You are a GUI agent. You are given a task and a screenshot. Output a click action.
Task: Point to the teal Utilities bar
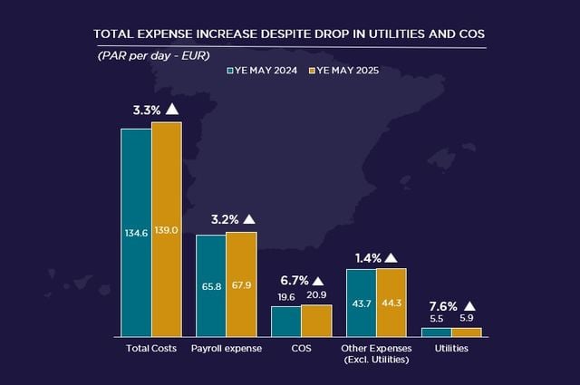coord(436,332)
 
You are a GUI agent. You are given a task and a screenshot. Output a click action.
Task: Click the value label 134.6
coord(136,233)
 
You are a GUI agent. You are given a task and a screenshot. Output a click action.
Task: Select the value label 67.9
coord(241,284)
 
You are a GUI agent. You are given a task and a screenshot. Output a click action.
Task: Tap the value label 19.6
coord(286,297)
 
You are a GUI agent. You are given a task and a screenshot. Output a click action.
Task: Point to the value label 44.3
coord(391,302)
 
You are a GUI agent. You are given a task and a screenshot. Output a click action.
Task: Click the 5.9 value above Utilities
coord(467,319)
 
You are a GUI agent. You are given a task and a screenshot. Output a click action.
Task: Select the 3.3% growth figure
coord(147,110)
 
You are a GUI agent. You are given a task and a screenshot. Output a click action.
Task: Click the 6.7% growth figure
coord(294,281)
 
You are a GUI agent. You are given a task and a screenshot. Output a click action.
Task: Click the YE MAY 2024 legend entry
coord(264,69)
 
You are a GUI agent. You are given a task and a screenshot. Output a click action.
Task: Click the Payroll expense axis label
coord(227,348)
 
